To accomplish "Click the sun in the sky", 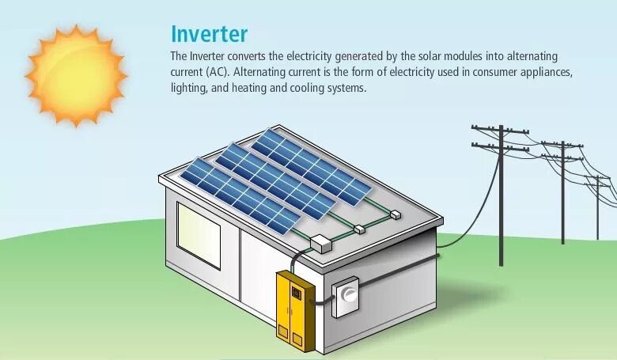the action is coord(76,75).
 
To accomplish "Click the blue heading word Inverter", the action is coord(209,34).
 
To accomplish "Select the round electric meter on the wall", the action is coord(346,294).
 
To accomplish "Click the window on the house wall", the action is coord(199,235).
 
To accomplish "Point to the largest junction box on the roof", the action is coord(322,243).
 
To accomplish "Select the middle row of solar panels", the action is coord(274,179).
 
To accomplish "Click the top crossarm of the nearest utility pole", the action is coord(500,127).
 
